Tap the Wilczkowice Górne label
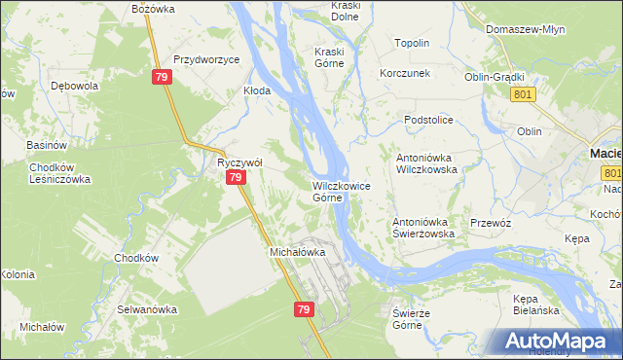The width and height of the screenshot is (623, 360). pyautogui.click(x=340, y=191)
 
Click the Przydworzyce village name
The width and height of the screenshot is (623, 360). pyautogui.click(x=206, y=59)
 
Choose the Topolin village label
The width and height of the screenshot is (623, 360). pyautogui.click(x=412, y=44)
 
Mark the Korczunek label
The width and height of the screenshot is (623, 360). pyautogui.click(x=406, y=74)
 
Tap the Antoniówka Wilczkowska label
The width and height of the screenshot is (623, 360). pyautogui.click(x=425, y=162)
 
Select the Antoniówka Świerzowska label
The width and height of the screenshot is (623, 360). pyautogui.click(x=423, y=228)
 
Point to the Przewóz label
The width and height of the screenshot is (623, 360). pyautogui.click(x=491, y=223)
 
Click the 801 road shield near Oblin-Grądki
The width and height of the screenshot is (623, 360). pyautogui.click(x=523, y=93)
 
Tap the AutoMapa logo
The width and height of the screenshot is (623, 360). pyautogui.click(x=564, y=341)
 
